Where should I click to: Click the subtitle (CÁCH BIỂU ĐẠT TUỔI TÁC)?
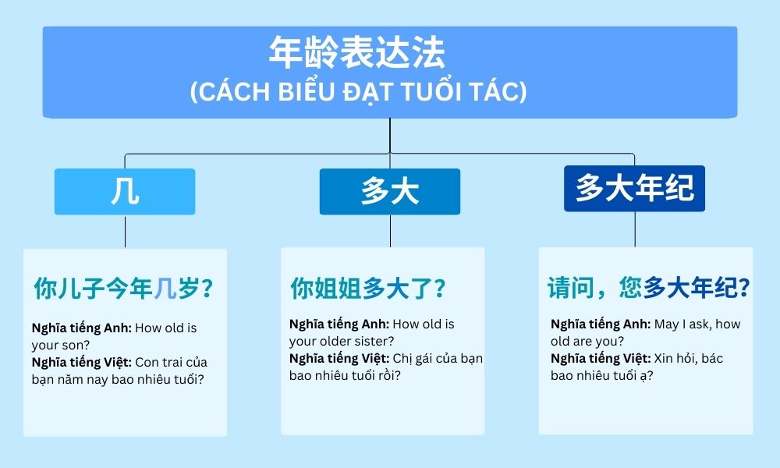click(358, 92)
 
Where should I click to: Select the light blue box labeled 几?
click(125, 191)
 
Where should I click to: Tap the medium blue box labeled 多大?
click(389, 192)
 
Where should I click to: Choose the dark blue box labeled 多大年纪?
click(634, 188)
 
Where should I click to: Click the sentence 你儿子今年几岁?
click(123, 289)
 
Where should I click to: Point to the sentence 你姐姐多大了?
click(368, 289)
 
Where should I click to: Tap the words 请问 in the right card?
click(570, 289)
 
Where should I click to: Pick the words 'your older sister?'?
click(342, 341)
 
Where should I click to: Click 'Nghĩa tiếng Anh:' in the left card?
click(81, 328)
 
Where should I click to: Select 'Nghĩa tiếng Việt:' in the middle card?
click(339, 358)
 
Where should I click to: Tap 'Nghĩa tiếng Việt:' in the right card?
click(601, 358)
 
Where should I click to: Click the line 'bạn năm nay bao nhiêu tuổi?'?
click(117, 379)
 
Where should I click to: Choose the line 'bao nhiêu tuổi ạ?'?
click(602, 375)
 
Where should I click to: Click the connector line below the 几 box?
click(125, 232)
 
